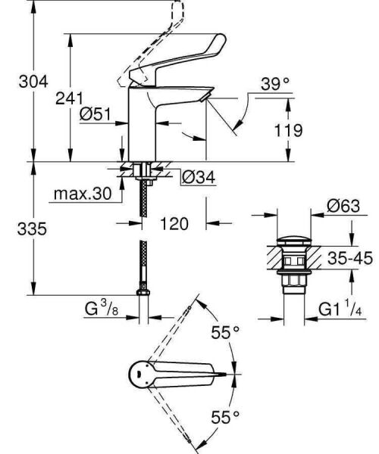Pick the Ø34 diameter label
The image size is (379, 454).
[198, 176]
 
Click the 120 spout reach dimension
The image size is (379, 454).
[174, 224]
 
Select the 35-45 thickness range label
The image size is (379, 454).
[348, 259]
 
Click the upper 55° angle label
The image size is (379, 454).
[225, 331]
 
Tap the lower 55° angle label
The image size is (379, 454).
[225, 416]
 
